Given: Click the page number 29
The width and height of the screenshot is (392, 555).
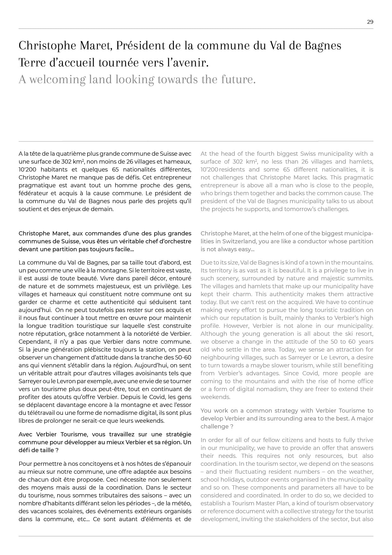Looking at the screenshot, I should pos(370,22).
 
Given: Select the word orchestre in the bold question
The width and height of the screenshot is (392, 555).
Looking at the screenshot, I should pos(177,241).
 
